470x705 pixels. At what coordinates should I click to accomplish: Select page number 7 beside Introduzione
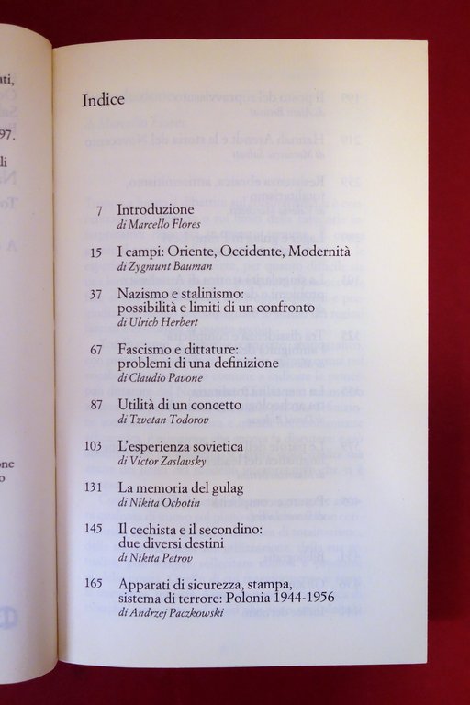98,210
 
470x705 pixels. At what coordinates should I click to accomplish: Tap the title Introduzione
156,210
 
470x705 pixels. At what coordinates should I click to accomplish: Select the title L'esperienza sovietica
180,446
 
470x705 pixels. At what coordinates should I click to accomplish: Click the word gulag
224,487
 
